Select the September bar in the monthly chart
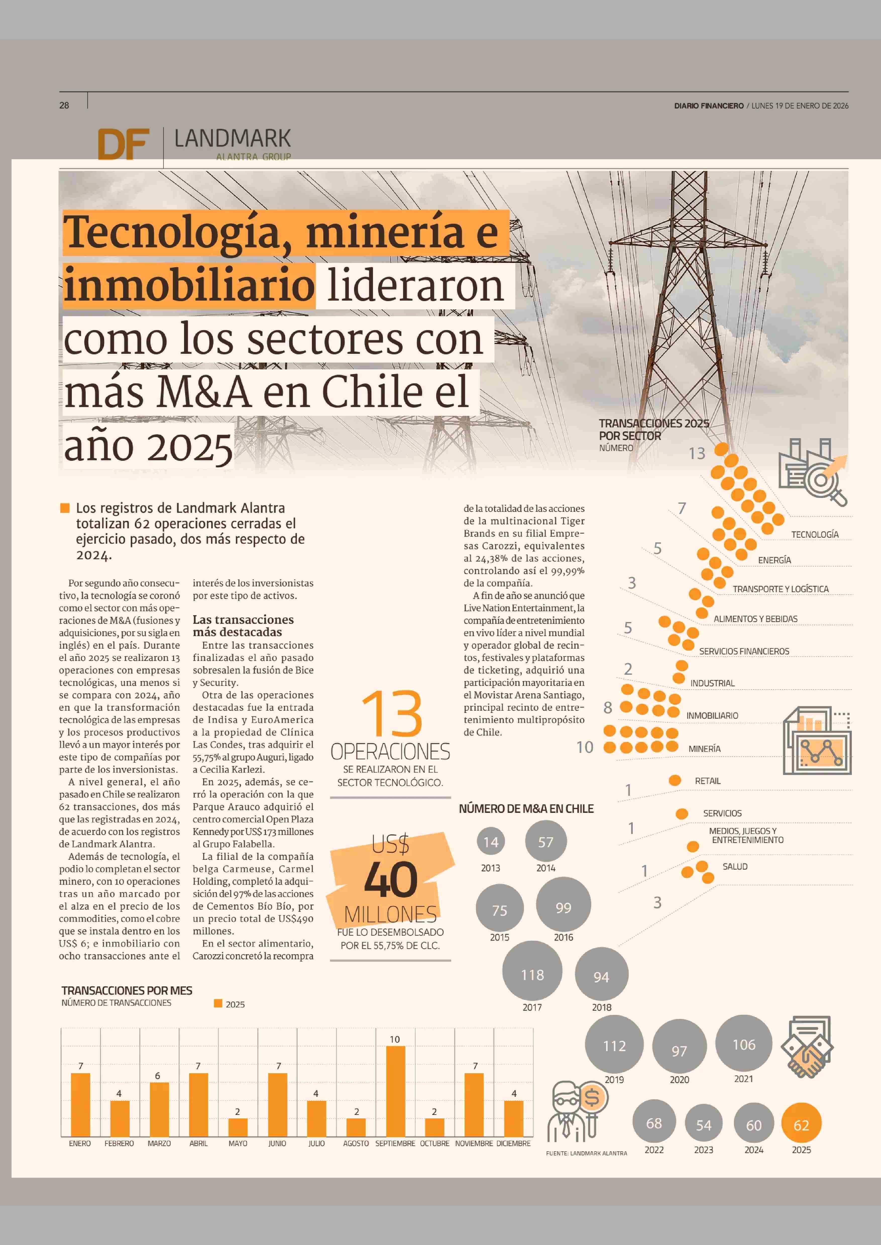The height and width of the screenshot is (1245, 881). coord(396,1090)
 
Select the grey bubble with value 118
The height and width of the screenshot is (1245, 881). coord(532,975)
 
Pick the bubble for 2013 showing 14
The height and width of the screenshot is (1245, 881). coord(490,842)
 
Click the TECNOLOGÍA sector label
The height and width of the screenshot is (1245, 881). coord(814,534)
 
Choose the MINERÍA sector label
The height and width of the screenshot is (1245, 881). coord(704,749)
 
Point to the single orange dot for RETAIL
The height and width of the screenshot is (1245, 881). coord(675,780)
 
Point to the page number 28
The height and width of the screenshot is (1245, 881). coord(64,105)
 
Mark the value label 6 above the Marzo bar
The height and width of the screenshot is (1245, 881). coord(158,1076)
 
